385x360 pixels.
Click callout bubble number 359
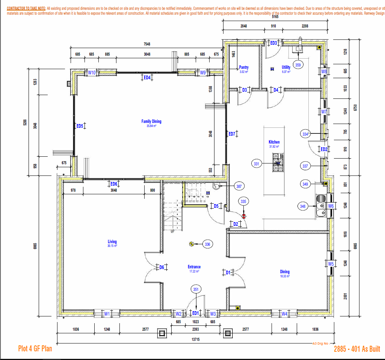coord(298,65)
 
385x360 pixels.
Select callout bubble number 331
coord(257,164)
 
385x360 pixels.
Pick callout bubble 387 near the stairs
coord(239,186)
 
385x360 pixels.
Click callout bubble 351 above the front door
coord(196,289)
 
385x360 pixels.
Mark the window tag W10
coord(92,73)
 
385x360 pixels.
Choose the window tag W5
coord(331,264)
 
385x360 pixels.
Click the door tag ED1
coord(195,313)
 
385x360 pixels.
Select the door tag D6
coord(162,267)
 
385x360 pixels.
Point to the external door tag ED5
coord(80,126)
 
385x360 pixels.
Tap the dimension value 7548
coord(146,44)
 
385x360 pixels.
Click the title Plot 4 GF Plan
coord(35,349)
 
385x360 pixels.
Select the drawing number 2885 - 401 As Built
coord(357,349)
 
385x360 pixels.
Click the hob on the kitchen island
coord(278,162)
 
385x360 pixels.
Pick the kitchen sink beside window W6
coord(321,206)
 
